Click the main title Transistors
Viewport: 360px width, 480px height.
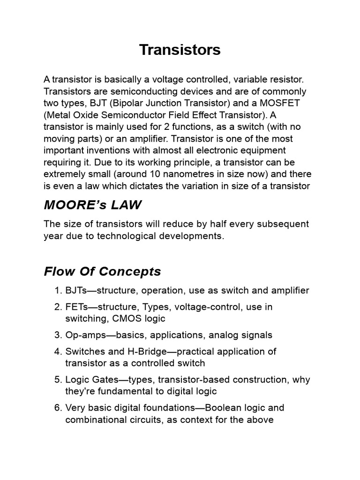[x=180, y=50]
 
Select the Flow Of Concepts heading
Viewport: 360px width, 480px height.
[x=102, y=271]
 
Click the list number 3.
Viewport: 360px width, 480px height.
[x=58, y=335]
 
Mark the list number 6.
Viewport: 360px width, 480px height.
[x=58, y=408]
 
